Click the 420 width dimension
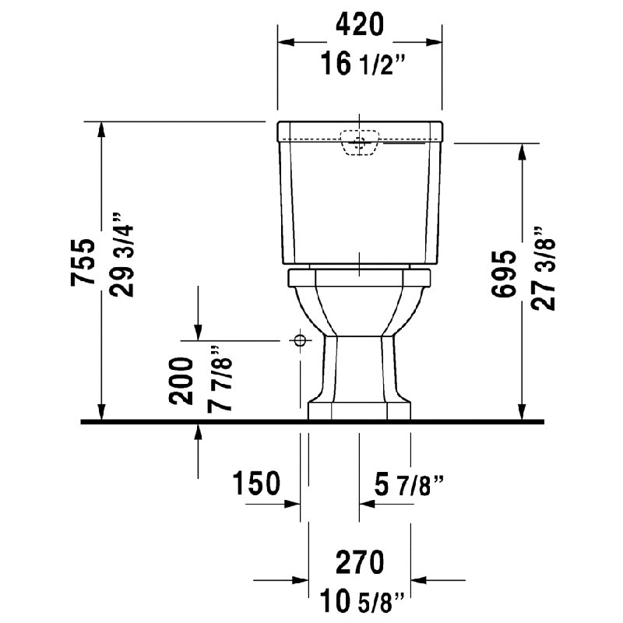pyautogui.click(x=360, y=24)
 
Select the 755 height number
pyautogui.click(x=83, y=262)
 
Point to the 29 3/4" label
pyautogui.click(x=121, y=255)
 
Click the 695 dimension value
pyautogui.click(x=503, y=274)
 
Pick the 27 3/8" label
pyautogui.click(x=542, y=269)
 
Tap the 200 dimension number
pyautogui.click(x=181, y=381)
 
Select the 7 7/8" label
pyautogui.click(x=219, y=378)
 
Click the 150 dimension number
pyautogui.click(x=256, y=483)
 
